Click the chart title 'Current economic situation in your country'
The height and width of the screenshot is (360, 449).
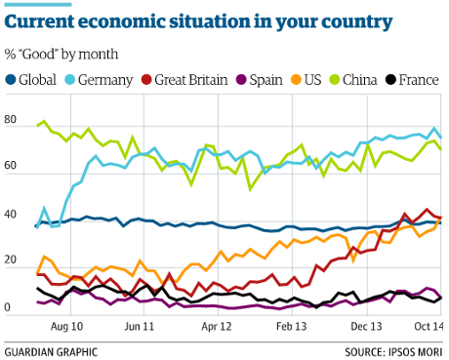[x=201, y=20]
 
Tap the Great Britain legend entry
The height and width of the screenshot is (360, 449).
[x=188, y=79]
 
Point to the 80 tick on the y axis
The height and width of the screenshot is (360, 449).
[x=12, y=120]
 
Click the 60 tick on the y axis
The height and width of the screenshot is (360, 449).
[x=12, y=167]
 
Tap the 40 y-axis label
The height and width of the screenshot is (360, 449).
[x=12, y=214]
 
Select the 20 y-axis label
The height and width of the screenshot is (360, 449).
[x=12, y=260]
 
